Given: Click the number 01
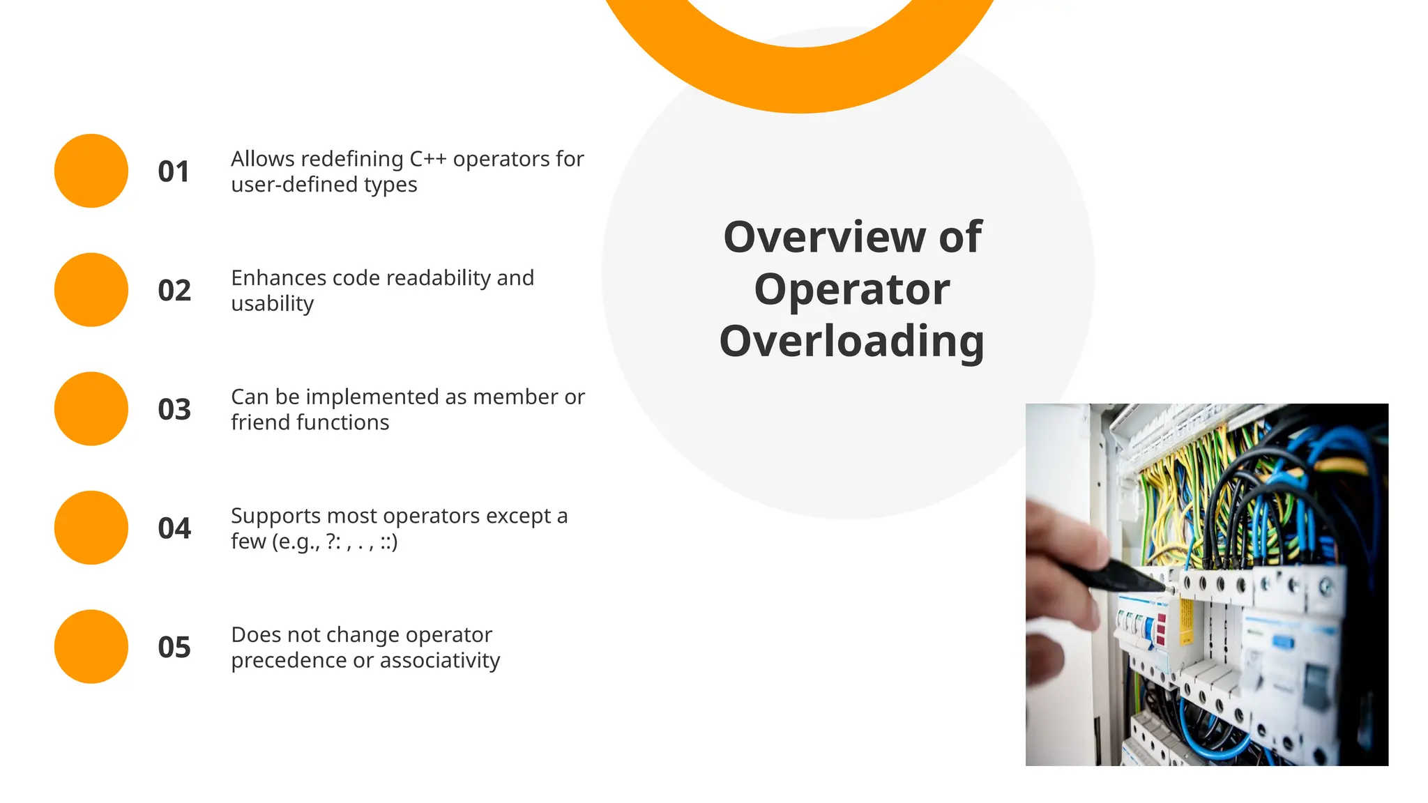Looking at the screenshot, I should [x=174, y=171].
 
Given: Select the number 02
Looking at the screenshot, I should [x=174, y=291].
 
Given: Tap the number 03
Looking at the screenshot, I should [x=174, y=409].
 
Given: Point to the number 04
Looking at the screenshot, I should [x=174, y=528].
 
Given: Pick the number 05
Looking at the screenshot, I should [x=174, y=648].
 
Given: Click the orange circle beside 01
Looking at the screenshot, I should [x=91, y=171].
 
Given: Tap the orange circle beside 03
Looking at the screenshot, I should [x=91, y=408].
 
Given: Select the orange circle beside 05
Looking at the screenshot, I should [x=91, y=646].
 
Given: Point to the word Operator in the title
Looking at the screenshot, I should [x=851, y=289].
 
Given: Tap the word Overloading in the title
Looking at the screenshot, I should [x=851, y=342].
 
